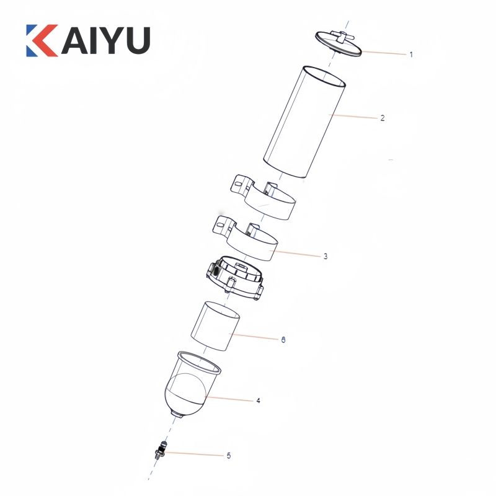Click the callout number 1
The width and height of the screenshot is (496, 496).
click(411, 55)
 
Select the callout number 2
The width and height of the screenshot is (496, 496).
click(383, 118)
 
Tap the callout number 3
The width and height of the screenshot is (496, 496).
click(325, 256)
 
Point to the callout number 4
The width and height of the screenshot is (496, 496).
click(258, 401)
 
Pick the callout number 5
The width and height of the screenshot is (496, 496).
click(229, 456)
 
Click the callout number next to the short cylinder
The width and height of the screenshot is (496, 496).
click(283, 339)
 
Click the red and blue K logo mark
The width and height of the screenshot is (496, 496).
click(42, 40)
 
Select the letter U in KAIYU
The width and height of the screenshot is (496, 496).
click(137, 41)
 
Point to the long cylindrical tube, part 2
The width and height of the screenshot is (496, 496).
click(304, 122)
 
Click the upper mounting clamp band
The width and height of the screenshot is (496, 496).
click(263, 197)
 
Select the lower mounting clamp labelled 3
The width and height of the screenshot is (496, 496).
click(245, 239)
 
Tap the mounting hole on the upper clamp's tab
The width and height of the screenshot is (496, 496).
click(239, 183)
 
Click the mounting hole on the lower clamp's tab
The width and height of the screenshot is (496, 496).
click(220, 225)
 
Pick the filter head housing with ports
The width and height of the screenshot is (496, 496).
click(235, 278)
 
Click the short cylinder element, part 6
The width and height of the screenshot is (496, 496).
click(215, 326)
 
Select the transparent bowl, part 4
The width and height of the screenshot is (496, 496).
click(192, 384)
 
